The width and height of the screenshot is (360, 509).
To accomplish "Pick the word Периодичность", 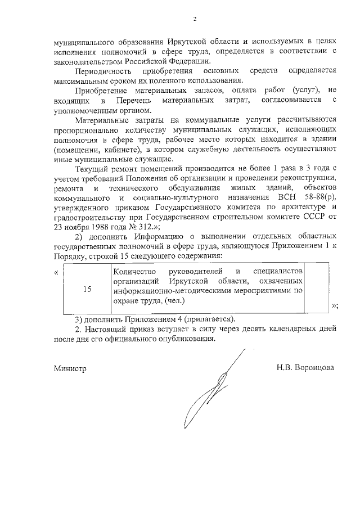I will pyautogui.click(x=103, y=71).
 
